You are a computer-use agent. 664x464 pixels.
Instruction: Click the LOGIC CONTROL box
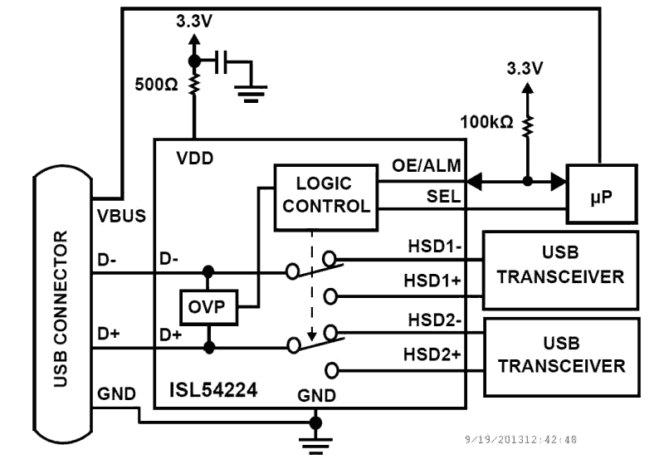pyautogui.click(x=325, y=196)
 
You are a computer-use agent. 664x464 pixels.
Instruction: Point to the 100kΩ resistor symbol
pyautogui.click(x=527, y=127)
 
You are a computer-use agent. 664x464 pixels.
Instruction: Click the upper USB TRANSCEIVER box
pyautogui.click(x=560, y=266)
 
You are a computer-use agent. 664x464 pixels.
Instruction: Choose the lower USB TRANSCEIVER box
pyautogui.click(x=560, y=354)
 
